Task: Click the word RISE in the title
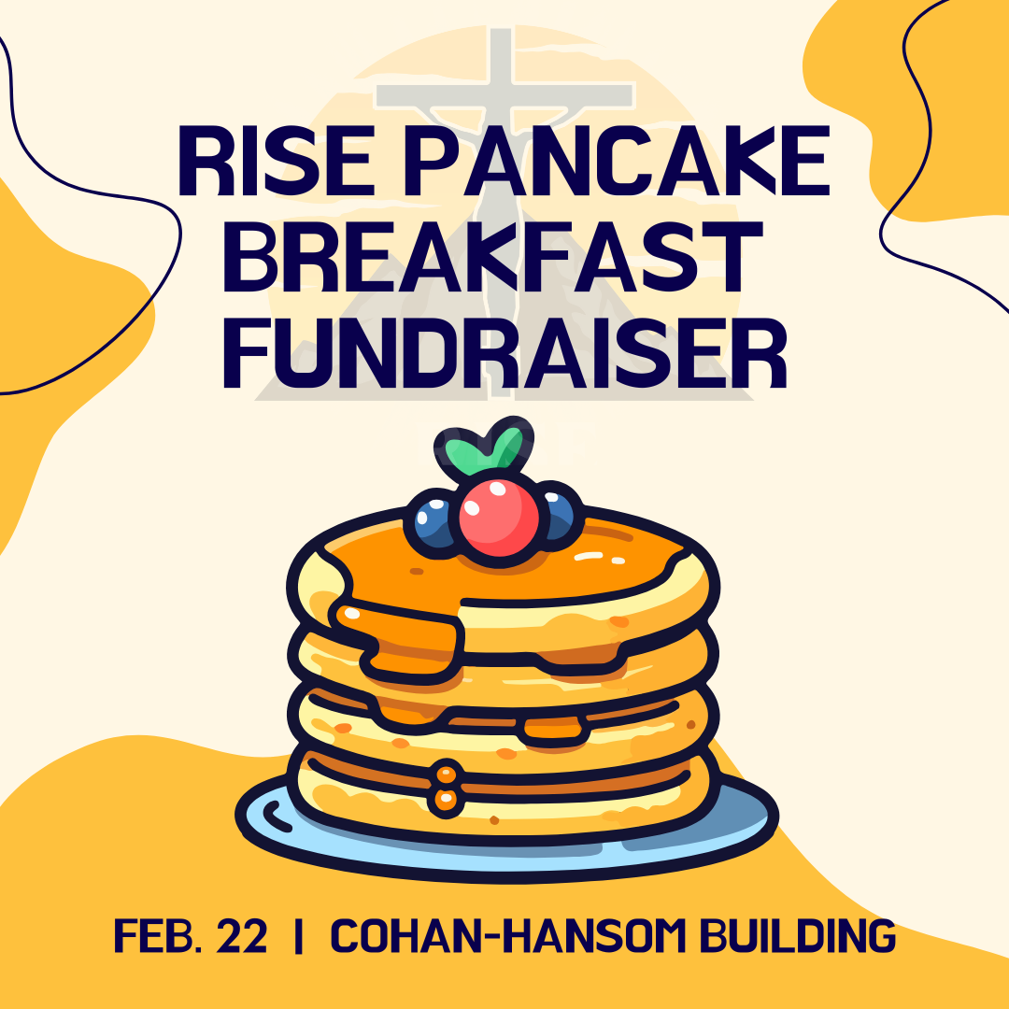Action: click(x=275, y=161)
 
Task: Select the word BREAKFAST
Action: click(x=492, y=257)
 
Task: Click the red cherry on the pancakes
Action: click(x=499, y=518)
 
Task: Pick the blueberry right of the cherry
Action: click(x=558, y=515)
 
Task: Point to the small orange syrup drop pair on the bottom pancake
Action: click(x=446, y=786)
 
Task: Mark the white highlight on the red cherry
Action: click(x=497, y=490)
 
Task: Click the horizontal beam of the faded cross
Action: click(x=504, y=95)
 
